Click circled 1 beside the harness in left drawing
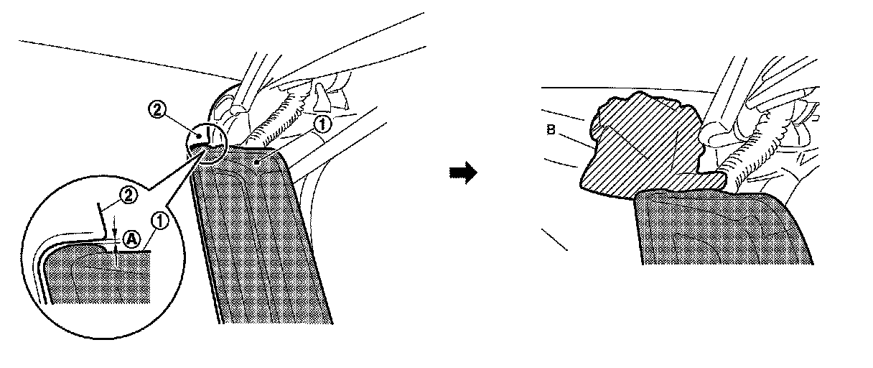[x=323, y=124]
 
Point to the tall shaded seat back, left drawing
[x=266, y=244]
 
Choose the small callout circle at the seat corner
[x=207, y=143]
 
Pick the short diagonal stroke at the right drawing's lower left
[x=554, y=239]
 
